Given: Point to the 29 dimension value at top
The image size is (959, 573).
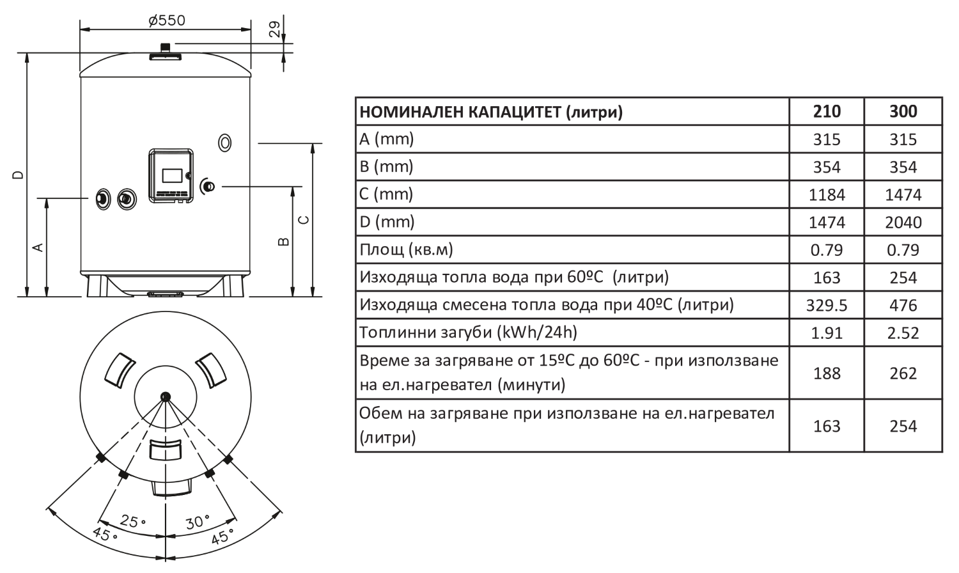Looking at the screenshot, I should [x=275, y=28].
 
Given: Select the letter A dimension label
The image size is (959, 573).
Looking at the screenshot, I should [x=38, y=247].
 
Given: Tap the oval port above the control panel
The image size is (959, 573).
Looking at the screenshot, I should [x=224, y=143].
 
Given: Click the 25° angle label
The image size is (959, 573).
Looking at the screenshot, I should [x=133, y=521].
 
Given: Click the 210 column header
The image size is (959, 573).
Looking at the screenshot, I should [x=827, y=111].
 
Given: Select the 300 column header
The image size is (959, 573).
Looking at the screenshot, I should [x=903, y=111].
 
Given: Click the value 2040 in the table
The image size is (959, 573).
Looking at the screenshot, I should [x=903, y=222].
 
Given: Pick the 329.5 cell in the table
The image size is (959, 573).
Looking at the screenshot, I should [x=827, y=305].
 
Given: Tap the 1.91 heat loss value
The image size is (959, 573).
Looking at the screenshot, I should [x=827, y=333].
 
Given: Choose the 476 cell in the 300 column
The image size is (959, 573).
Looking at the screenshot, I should [x=903, y=305].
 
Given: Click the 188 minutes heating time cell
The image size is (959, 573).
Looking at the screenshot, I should [x=827, y=373].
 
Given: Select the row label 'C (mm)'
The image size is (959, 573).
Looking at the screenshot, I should [x=386, y=194].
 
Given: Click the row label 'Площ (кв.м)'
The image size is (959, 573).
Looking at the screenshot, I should [x=406, y=249].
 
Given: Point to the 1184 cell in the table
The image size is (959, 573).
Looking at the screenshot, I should [x=827, y=194].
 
